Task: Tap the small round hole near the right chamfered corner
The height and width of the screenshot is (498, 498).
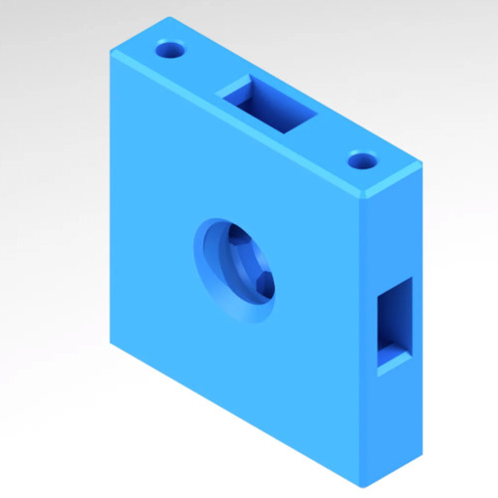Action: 363,159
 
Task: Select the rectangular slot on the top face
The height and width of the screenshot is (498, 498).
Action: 269,105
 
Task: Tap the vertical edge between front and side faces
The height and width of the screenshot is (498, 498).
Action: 363,339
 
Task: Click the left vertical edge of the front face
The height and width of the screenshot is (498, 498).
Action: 111,199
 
